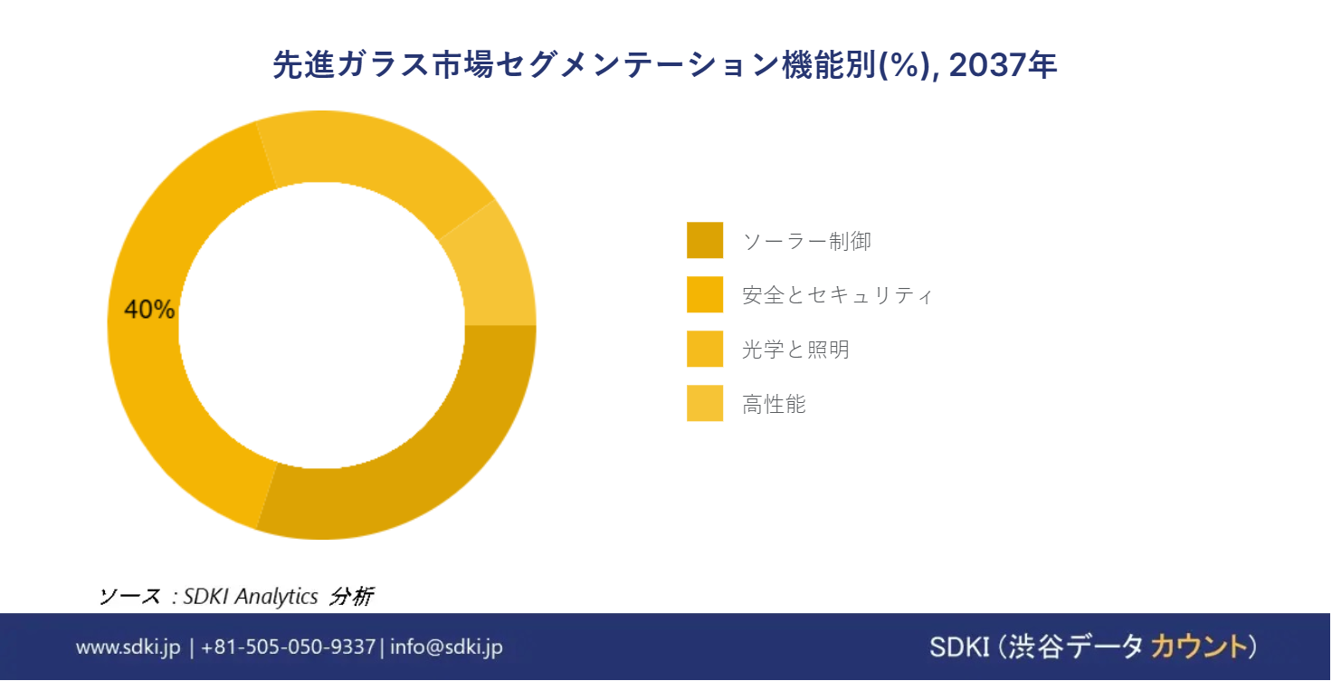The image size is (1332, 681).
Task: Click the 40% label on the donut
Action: tap(149, 309)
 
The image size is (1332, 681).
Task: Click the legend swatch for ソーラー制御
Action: tap(705, 240)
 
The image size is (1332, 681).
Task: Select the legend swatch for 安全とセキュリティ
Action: tap(705, 294)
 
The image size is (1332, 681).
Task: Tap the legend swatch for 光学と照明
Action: tap(705, 349)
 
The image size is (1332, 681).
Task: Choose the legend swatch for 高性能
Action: tap(705, 403)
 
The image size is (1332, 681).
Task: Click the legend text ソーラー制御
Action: tap(807, 241)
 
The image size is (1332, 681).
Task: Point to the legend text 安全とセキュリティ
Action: tap(837, 295)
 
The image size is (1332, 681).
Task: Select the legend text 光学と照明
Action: tap(795, 350)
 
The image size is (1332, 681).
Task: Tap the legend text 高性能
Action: tap(775, 404)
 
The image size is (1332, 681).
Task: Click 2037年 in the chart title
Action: tap(1003, 65)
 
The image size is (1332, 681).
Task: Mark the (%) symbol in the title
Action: tap(905, 65)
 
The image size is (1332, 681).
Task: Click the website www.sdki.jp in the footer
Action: tap(128, 647)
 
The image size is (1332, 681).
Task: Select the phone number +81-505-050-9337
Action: tap(289, 647)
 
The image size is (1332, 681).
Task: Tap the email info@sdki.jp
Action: tap(447, 647)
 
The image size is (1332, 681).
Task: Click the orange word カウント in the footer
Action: tap(1199, 647)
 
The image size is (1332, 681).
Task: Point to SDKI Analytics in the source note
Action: tap(251, 596)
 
